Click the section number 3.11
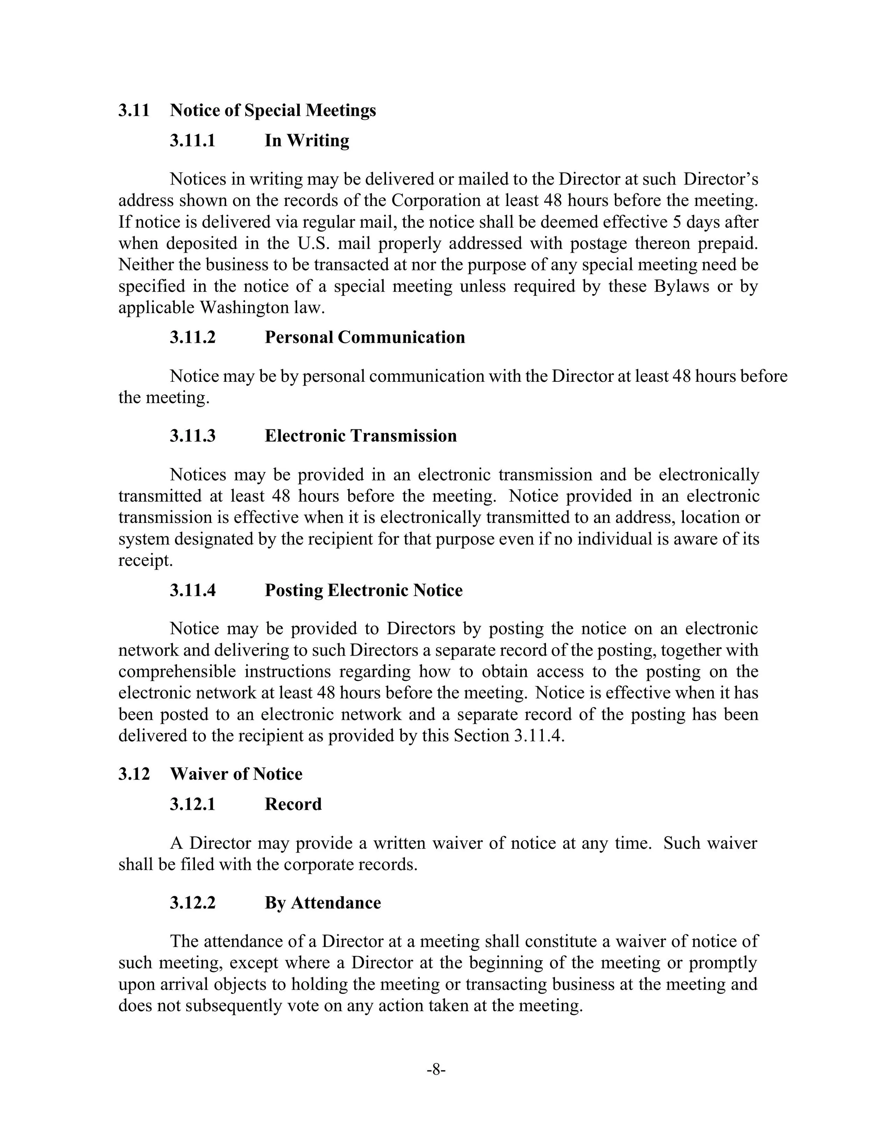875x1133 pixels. tap(134, 111)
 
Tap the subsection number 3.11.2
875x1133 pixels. tap(192, 337)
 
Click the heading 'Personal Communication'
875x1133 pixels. tap(364, 337)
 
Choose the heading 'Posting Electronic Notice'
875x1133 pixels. tap(363, 590)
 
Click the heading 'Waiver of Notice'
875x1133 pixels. tap(236, 774)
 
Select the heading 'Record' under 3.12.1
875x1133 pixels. tap(293, 804)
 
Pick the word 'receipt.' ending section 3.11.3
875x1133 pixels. tap(146, 561)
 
